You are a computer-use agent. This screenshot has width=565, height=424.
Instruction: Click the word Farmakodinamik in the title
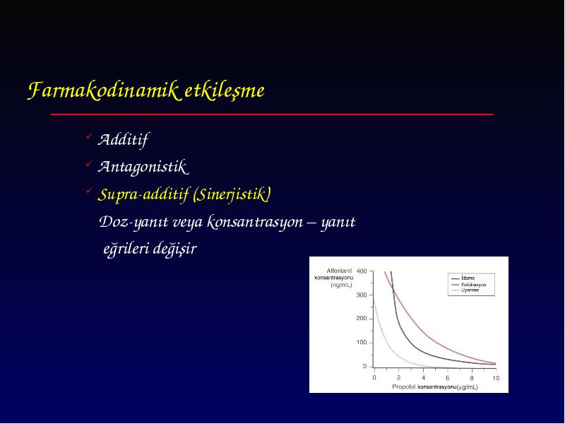tap(103, 90)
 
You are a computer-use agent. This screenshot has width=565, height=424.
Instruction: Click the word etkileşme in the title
tap(225, 90)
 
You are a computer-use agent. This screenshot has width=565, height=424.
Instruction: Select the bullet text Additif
tap(123, 139)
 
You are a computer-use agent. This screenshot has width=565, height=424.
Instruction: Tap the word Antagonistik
tap(143, 167)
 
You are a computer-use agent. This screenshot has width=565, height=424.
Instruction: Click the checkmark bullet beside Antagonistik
tap(89, 164)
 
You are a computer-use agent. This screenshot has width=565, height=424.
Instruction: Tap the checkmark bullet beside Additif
tap(89, 136)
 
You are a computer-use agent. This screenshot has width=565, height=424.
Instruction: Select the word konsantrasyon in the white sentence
tap(255, 222)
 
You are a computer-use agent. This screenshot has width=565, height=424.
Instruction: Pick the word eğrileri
tap(126, 249)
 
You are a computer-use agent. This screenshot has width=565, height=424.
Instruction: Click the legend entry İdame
tap(468, 278)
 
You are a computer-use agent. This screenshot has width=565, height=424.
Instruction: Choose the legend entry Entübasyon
tap(473, 285)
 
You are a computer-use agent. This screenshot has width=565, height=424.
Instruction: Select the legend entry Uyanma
tap(470, 290)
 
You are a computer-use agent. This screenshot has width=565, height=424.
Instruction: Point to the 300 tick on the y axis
tap(362, 295)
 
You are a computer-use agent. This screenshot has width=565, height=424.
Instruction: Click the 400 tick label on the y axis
tap(362, 271)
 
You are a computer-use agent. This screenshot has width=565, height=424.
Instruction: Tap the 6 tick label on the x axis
tap(448, 378)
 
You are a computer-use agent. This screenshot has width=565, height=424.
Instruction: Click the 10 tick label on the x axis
tap(496, 378)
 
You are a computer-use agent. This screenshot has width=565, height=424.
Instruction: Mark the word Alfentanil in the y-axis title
tap(339, 271)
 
